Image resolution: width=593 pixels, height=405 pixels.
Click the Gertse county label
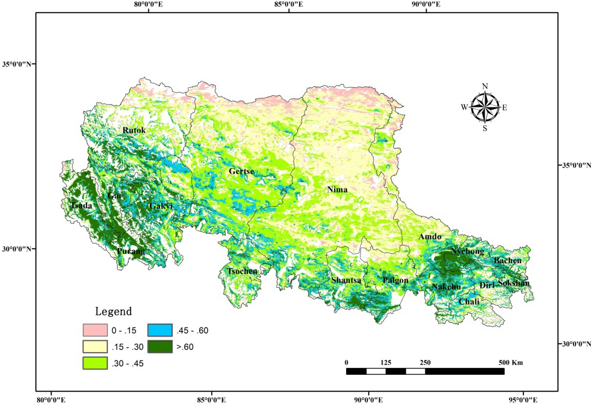(241, 171)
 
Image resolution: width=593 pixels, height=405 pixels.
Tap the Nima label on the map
(337, 189)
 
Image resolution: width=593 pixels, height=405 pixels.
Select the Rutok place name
(134, 130)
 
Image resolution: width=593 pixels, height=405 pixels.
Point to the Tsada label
(82, 206)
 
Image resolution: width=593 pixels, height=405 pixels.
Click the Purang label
(131, 251)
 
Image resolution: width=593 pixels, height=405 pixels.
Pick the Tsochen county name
(242, 271)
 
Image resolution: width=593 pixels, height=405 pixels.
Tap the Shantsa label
(346, 280)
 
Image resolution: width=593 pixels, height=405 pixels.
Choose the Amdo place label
(430, 237)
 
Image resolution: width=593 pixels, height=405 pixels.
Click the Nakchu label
(446, 287)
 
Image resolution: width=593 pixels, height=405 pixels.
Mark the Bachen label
(508, 261)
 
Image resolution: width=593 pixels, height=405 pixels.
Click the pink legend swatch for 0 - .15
(95, 330)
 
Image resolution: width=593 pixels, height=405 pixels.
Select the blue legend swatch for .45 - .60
(160, 330)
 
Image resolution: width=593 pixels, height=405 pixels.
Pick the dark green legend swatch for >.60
(160, 346)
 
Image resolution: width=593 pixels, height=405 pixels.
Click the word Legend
(113, 311)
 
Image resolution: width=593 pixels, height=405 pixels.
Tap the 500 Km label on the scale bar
(510, 363)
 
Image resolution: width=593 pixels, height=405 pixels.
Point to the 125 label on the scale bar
(386, 363)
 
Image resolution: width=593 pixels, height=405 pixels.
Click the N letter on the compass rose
(485, 87)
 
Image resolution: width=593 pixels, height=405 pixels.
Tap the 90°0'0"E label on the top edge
(426, 4)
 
